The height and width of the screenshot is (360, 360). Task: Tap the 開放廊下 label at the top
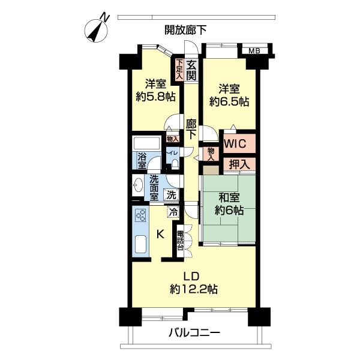tap(186, 28)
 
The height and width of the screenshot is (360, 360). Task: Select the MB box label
tap(255, 50)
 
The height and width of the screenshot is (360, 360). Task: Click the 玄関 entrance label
tap(191, 70)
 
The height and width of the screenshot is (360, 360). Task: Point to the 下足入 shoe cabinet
tap(179, 68)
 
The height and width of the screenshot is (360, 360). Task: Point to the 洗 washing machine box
tap(172, 194)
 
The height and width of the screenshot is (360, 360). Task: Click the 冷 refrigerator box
tap(173, 211)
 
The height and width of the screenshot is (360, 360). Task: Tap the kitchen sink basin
tap(142, 246)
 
